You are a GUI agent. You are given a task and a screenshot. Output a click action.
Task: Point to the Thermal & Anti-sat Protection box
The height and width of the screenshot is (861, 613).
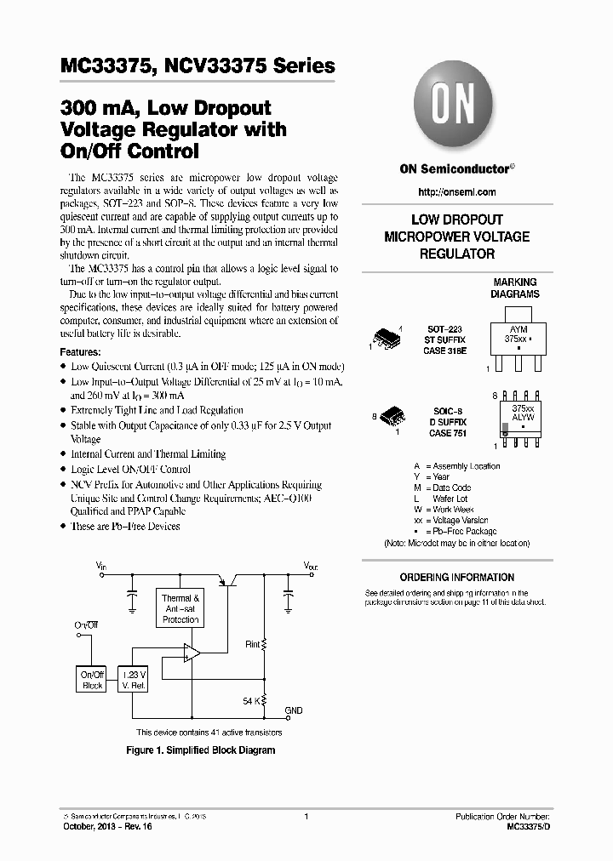click(x=180, y=609)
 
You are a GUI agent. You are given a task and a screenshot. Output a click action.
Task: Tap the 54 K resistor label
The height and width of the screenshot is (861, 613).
click(x=252, y=700)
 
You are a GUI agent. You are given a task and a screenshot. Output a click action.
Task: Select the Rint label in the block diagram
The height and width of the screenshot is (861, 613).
click(x=252, y=644)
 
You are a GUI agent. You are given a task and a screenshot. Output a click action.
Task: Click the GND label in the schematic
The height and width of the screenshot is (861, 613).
click(x=293, y=710)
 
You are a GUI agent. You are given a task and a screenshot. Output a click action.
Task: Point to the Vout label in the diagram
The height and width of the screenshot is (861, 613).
click(x=311, y=566)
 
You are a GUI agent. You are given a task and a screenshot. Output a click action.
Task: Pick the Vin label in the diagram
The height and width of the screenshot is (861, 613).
click(x=101, y=566)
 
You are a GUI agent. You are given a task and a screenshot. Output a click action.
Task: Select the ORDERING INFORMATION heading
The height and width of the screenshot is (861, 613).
click(x=457, y=577)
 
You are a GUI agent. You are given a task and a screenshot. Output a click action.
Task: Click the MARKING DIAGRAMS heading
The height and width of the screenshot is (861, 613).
click(x=515, y=288)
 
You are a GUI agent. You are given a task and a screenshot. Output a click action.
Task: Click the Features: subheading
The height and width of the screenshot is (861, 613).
click(x=81, y=351)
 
